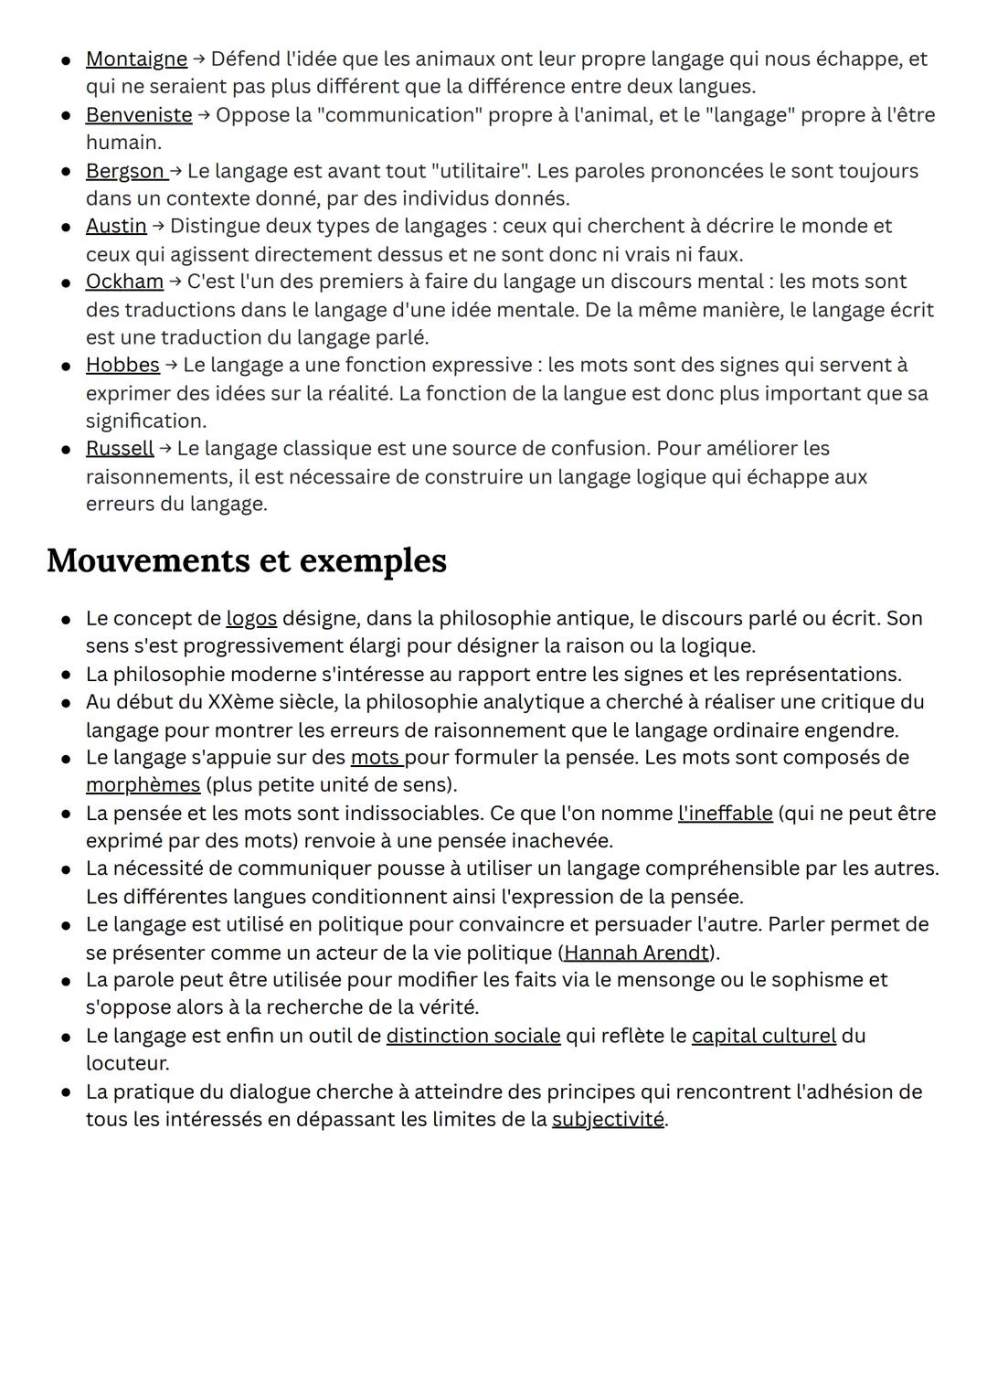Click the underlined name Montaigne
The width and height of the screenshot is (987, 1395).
(136, 59)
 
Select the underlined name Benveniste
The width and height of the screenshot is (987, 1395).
(139, 115)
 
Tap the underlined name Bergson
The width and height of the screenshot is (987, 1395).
(125, 171)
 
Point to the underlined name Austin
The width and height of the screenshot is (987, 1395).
(116, 226)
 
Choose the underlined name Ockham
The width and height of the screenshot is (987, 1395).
(124, 282)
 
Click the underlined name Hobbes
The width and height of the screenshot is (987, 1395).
(122, 365)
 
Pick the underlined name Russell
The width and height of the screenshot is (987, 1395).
(120, 448)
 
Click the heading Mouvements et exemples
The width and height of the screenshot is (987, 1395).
(247, 560)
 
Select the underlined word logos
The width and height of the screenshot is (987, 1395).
(251, 618)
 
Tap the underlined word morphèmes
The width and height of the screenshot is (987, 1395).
(143, 785)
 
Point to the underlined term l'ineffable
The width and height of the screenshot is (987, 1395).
(725, 813)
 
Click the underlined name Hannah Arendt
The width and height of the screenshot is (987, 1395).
(636, 953)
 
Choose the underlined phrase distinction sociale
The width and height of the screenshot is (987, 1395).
(473, 1036)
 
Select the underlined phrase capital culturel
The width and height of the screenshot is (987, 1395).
(764, 1036)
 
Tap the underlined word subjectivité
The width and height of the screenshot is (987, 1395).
(608, 1119)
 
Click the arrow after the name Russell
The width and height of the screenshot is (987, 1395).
(165, 449)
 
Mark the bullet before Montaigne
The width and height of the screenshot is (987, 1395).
(67, 60)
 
